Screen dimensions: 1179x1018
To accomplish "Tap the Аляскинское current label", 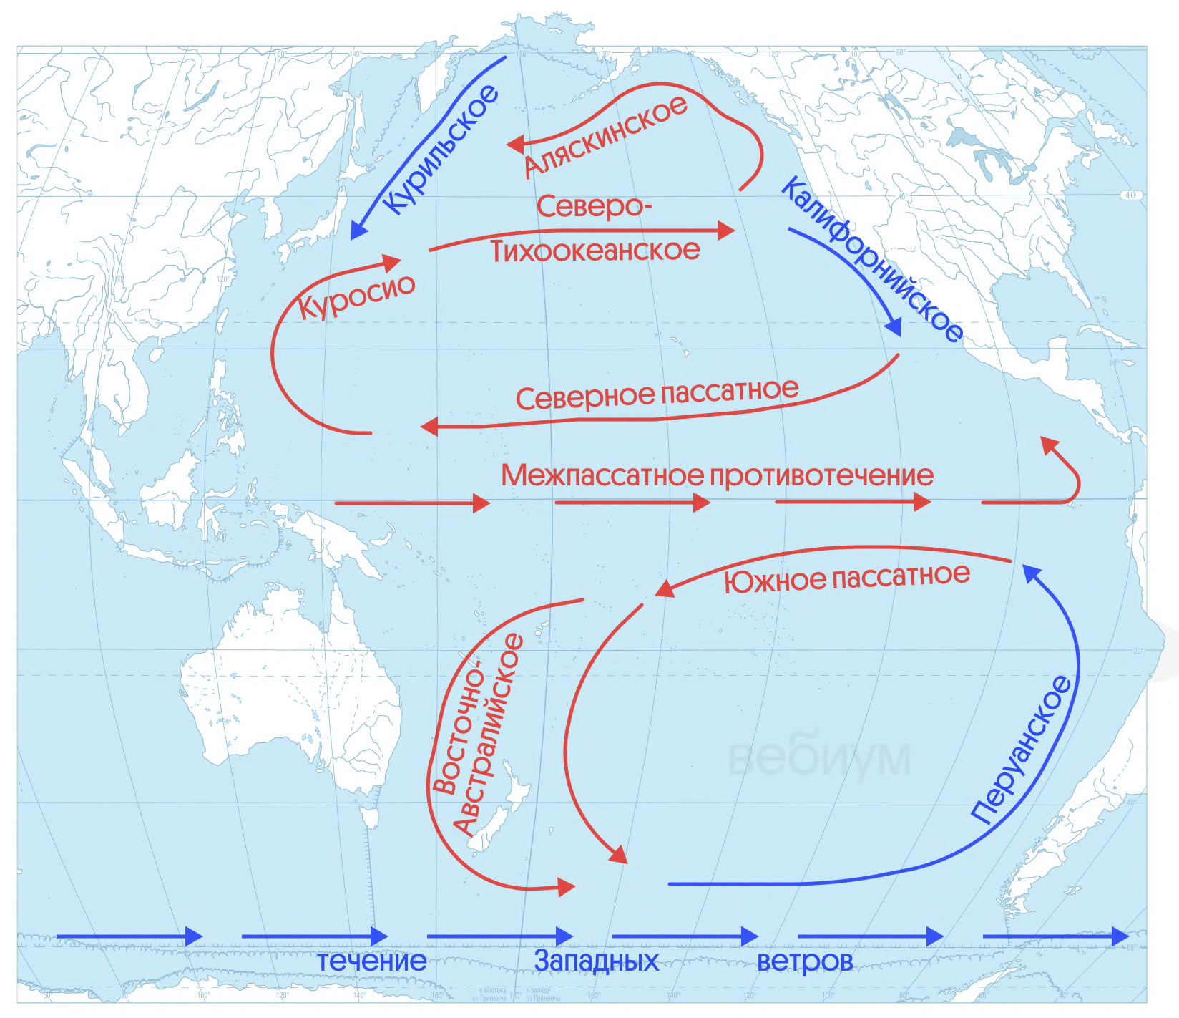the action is [x=605, y=137].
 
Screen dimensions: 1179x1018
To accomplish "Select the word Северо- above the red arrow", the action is [x=594, y=207].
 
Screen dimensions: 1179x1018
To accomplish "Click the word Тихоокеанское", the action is [x=595, y=251].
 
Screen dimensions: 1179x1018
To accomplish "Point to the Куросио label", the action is [x=356, y=296].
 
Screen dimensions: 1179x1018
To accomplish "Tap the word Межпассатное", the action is [x=602, y=475].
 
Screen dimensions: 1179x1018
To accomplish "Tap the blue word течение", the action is [x=371, y=961].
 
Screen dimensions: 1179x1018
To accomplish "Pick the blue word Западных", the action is [x=596, y=961].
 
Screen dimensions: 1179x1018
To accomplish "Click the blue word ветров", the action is [x=805, y=961].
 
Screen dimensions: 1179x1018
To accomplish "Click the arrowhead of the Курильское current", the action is [x=358, y=231].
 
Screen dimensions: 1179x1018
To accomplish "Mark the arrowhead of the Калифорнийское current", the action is [x=894, y=327].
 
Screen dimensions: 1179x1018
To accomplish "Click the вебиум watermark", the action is [x=820, y=757].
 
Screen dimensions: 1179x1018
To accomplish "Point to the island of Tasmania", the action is [x=369, y=817].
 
